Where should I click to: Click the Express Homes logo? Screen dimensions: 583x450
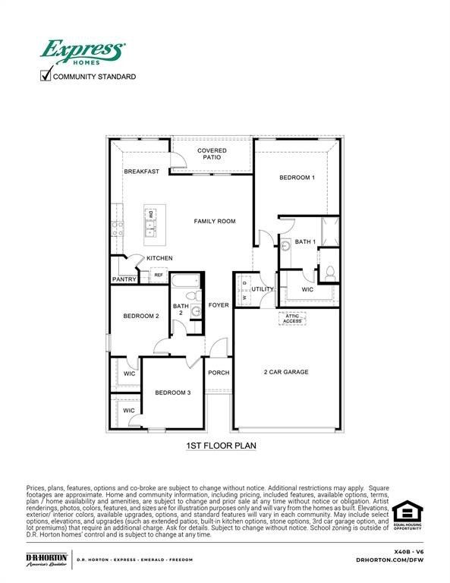(81, 52)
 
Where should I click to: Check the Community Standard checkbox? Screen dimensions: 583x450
(46, 75)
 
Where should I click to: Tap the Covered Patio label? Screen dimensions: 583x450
(212, 155)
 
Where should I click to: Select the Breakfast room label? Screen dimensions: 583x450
(142, 172)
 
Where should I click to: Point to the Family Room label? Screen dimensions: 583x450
(214, 222)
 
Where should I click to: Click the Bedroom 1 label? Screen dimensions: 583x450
(297, 178)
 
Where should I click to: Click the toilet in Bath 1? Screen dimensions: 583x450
(330, 273)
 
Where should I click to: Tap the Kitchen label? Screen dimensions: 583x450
(159, 259)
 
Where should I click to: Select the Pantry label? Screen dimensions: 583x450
(124, 279)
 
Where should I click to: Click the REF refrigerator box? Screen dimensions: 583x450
(159, 275)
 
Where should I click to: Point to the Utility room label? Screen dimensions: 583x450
(263, 289)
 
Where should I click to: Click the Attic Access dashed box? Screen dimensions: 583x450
(292, 318)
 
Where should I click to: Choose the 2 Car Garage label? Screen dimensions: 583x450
(286, 372)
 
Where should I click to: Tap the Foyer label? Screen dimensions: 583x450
(219, 305)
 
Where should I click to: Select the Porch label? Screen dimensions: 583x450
(219, 373)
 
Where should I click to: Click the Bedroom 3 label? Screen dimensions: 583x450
(173, 392)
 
